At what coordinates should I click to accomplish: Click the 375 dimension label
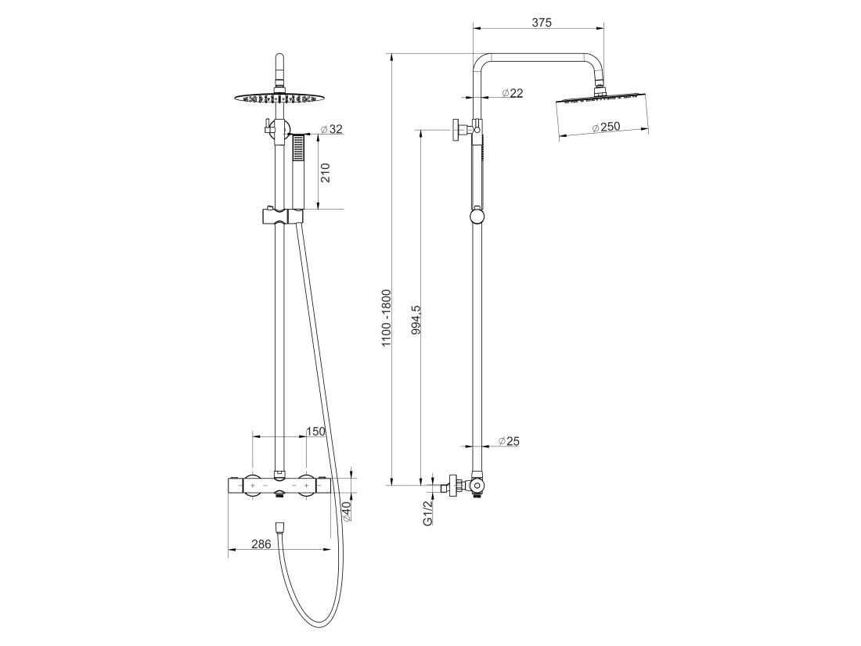click(x=542, y=23)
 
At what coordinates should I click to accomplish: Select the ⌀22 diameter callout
click(x=513, y=93)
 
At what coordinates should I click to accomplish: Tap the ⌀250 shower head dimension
click(x=606, y=127)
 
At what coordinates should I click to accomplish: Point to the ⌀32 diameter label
click(x=331, y=130)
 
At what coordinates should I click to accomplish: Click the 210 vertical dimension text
click(x=325, y=174)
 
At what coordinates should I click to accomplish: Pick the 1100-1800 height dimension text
click(x=387, y=318)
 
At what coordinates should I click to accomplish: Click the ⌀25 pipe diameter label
click(x=509, y=441)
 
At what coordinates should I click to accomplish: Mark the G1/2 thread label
click(x=428, y=513)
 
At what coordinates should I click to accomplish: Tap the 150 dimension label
click(x=315, y=432)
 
